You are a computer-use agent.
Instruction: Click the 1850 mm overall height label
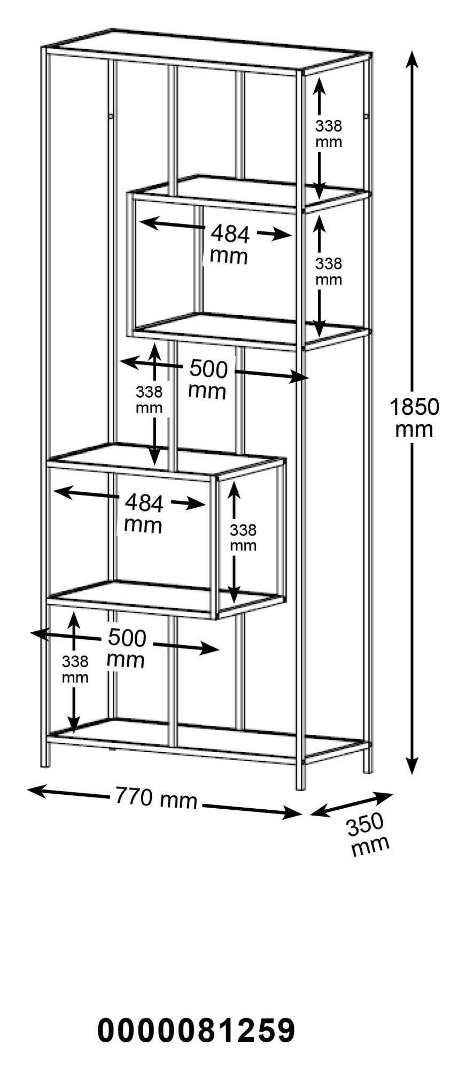[414, 418]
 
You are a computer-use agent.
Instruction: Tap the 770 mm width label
[156, 799]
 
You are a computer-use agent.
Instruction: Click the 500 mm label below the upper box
[208, 379]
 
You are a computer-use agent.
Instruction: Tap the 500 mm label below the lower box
[126, 648]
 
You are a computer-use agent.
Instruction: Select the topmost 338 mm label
[328, 134]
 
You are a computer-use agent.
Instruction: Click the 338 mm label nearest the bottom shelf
[75, 669]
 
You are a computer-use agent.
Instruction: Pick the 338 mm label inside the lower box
[243, 537]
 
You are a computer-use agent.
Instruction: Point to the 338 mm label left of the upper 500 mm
[149, 400]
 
